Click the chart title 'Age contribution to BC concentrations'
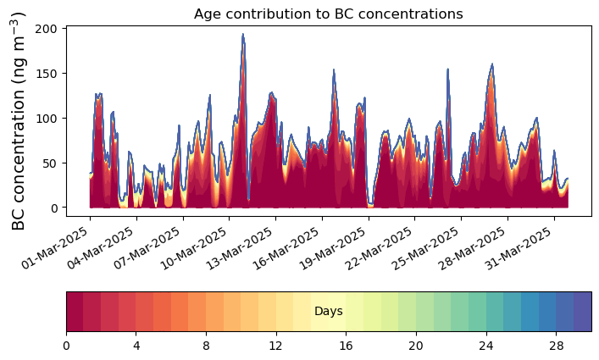pos(328,14)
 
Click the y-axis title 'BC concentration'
pos(19,121)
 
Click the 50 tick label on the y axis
pos(50,163)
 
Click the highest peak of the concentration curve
pos(243,35)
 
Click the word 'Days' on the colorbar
pos(328,312)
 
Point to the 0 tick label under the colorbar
pos(66,346)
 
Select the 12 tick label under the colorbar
pos(276,346)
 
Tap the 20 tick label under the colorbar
pos(416,346)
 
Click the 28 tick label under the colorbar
pos(556,346)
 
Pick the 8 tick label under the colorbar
pos(206,346)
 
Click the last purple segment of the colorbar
pos(582,312)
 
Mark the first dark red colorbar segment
pos(75,312)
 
